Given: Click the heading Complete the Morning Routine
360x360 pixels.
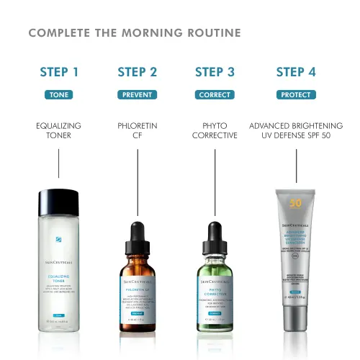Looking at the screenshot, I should pyautogui.click(x=135, y=34).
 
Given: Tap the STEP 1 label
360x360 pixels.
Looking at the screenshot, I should pyautogui.click(x=59, y=72).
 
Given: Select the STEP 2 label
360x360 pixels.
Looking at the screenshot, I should pyautogui.click(x=137, y=72).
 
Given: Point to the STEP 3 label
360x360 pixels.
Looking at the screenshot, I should pyautogui.click(x=215, y=72).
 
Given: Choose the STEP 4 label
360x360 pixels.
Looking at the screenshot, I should pyautogui.click(x=296, y=72).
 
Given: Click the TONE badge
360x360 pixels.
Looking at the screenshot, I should pyautogui.click(x=58, y=95).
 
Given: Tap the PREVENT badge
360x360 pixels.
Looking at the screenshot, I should pyautogui.click(x=137, y=95).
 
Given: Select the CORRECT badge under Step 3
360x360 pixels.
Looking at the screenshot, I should pyautogui.click(x=215, y=95).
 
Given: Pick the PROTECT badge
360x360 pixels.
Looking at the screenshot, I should pyautogui.click(x=296, y=95).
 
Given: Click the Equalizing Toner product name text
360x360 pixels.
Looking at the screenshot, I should pyautogui.click(x=58, y=130).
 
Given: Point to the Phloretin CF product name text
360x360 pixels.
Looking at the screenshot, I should pyautogui.click(x=137, y=130).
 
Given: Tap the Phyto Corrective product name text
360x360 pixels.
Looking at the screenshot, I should pyautogui.click(x=215, y=130).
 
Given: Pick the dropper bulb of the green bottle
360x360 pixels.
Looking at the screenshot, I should pyautogui.click(x=215, y=235).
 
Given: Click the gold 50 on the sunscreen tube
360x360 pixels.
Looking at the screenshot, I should pyautogui.click(x=295, y=203).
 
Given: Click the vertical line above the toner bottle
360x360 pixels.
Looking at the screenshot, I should pyautogui.click(x=58, y=168).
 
